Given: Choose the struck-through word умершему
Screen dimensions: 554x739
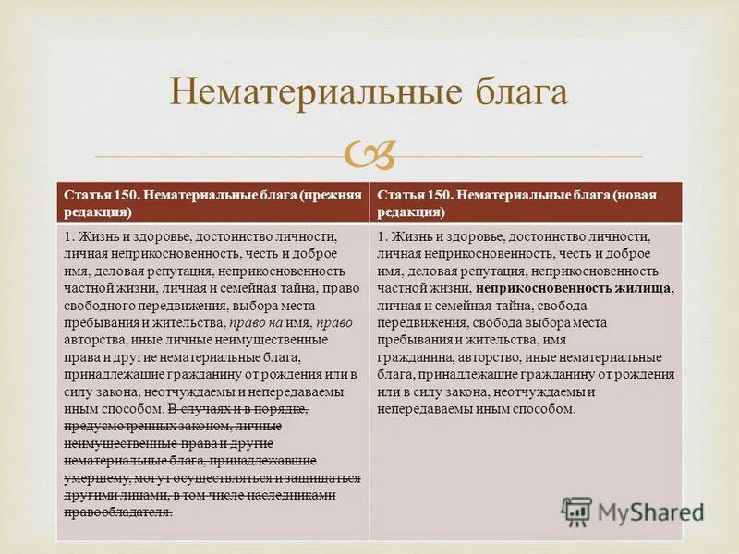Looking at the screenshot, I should pos(95,477).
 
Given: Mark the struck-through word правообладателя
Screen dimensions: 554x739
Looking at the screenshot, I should pos(118,512).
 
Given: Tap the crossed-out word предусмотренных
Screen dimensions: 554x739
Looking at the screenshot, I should pos(115,426).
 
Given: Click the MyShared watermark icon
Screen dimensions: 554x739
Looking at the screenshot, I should pos(577,512).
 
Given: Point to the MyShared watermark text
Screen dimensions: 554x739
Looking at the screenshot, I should pos(650,512).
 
